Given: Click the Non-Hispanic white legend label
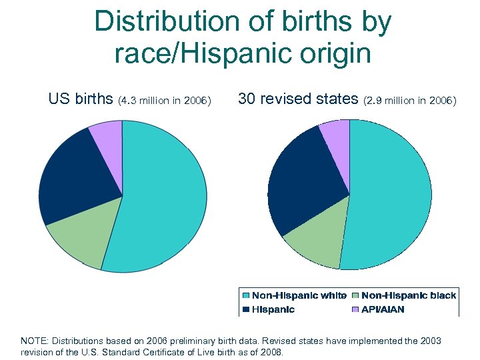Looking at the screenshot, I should click(299, 295).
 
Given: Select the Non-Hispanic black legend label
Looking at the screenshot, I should click(409, 295).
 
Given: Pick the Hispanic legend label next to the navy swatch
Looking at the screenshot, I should click(273, 309).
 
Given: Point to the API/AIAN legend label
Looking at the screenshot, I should click(383, 309).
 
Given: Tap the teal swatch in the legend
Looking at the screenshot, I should click(246, 295).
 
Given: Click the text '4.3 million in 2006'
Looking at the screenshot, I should click(165, 101).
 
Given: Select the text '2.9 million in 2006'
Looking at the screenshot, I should click(410, 101).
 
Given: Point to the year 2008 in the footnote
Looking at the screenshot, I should click(271, 352).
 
